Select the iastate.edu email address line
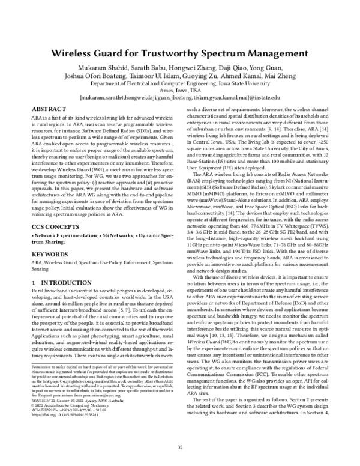(x=179, y=98)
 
